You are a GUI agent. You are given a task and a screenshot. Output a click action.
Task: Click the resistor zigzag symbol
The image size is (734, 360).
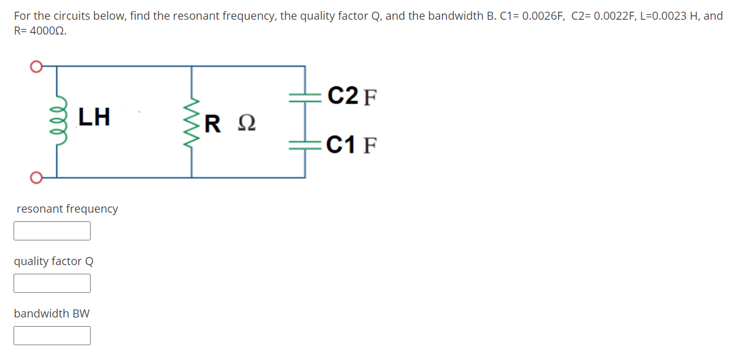tap(192, 121)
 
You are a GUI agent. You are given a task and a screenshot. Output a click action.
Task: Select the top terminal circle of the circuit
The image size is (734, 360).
tap(36, 66)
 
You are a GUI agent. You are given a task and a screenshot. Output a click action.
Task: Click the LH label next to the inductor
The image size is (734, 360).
tap(94, 117)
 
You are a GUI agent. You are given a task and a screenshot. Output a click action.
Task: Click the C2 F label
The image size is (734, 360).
tap(352, 97)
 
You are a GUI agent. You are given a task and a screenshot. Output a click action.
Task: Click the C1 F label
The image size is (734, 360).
tap(352, 145)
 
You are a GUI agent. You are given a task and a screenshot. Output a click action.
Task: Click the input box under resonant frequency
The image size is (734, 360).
tap(52, 231)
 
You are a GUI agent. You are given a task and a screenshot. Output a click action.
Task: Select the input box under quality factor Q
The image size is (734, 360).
tap(52, 283)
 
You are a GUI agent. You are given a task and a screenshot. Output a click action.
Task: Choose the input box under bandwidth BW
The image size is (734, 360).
tap(52, 335)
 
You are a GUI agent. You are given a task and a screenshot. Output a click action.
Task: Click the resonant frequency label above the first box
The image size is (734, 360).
tap(67, 209)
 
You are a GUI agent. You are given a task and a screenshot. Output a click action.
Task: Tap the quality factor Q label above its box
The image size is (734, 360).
tap(54, 261)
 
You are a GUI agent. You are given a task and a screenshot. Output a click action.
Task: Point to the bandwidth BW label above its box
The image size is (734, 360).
tap(52, 314)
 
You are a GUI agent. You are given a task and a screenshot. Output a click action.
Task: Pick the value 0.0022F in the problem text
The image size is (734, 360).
tap(614, 16)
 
